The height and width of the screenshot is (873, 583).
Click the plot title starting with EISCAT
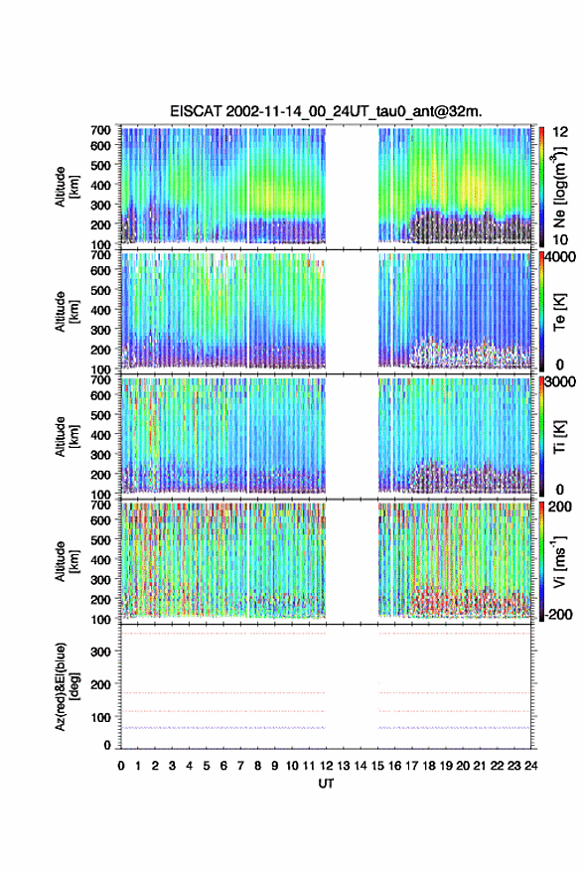point(326,111)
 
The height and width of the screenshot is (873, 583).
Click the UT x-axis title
point(326,784)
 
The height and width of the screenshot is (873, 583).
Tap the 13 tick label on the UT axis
point(343,766)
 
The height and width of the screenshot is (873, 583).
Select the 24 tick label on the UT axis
point(531,766)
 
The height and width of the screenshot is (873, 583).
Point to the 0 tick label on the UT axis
point(121,766)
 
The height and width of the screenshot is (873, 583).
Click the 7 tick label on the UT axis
point(240,766)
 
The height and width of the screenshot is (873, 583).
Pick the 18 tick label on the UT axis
point(429,766)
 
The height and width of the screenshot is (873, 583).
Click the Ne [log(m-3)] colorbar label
point(559,187)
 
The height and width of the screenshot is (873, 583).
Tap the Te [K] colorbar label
point(559,312)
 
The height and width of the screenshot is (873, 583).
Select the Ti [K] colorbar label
point(559,437)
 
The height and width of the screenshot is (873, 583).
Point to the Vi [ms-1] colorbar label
point(559,561)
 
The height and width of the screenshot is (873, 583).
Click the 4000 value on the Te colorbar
point(560,258)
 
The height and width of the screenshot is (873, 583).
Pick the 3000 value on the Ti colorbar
point(560,382)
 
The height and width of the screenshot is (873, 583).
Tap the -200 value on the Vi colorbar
point(558,614)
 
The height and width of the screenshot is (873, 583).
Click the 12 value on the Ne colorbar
point(560,132)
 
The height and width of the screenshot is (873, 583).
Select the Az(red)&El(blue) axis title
point(67,686)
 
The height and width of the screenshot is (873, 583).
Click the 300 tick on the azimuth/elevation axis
point(100,652)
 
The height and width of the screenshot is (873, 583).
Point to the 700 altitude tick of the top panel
point(100,130)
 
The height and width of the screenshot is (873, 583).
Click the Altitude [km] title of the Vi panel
point(67,561)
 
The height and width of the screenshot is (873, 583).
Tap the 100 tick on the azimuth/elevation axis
point(100,717)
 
